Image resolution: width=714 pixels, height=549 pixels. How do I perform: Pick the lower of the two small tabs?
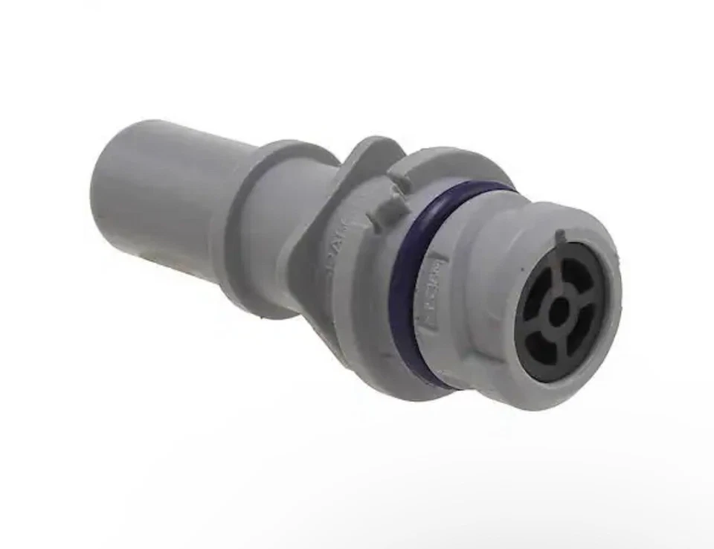(x=384, y=216)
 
